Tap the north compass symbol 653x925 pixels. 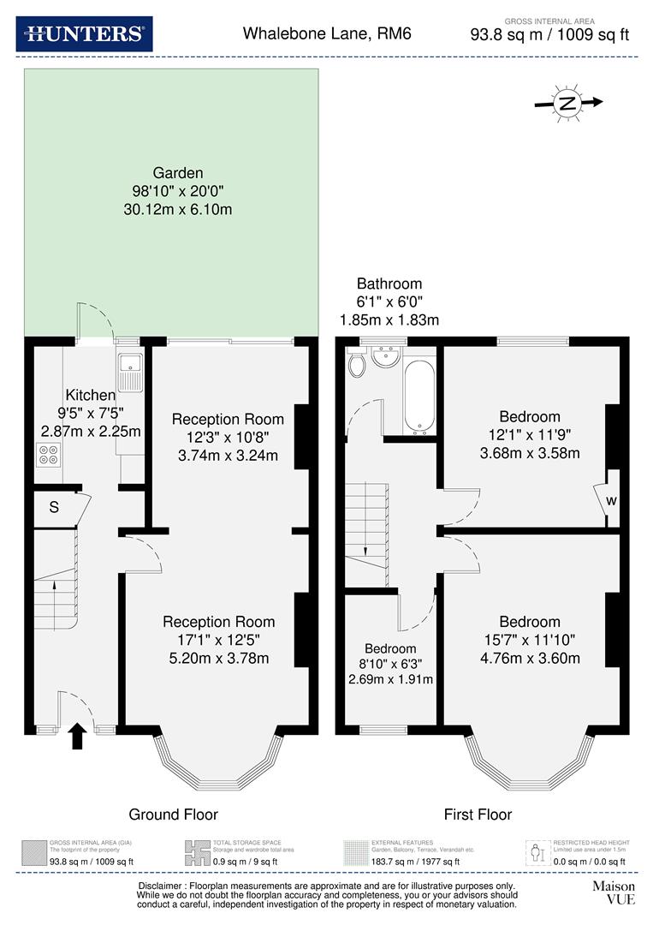pyautogui.click(x=567, y=103)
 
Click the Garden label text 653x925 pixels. pyautogui.click(x=178, y=172)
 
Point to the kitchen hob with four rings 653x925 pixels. pyautogui.click(x=49, y=454)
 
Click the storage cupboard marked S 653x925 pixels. pyautogui.click(x=54, y=507)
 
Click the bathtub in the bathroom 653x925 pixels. pyautogui.click(x=419, y=396)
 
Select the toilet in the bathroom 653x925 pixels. pyautogui.click(x=357, y=365)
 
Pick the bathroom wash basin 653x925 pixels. pyautogui.click(x=388, y=355)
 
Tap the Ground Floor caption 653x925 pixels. pyautogui.click(x=173, y=815)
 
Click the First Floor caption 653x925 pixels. pyautogui.click(x=478, y=815)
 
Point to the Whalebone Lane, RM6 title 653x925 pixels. pyautogui.click(x=315, y=34)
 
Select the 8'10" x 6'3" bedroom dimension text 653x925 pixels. pyautogui.click(x=390, y=664)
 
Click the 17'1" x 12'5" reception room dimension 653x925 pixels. pyautogui.click(x=219, y=640)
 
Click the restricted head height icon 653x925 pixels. pyautogui.click(x=537, y=853)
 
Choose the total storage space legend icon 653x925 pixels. pyautogui.click(x=198, y=853)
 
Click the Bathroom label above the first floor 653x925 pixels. pyautogui.click(x=389, y=283)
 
